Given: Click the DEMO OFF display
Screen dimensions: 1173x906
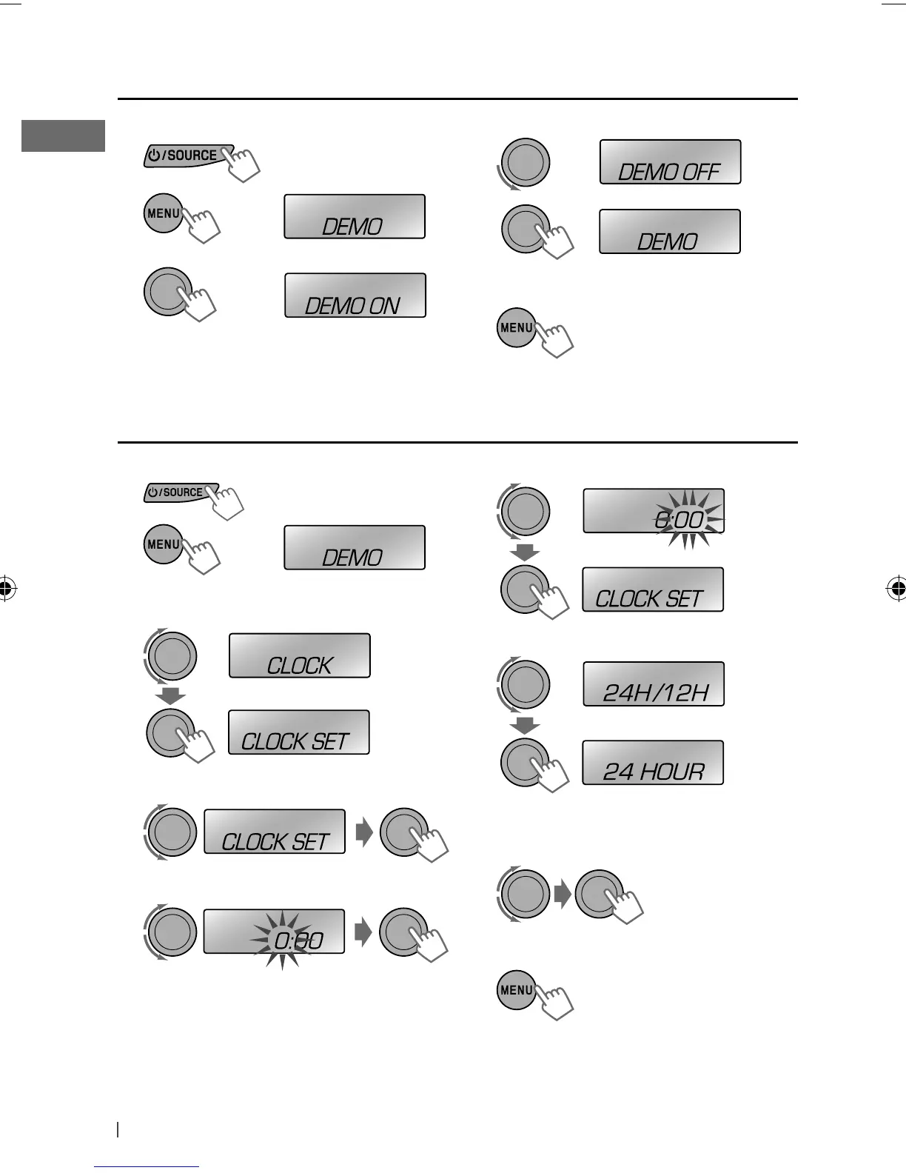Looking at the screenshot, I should click(669, 162).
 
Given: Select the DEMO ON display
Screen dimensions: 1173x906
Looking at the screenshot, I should click(355, 295).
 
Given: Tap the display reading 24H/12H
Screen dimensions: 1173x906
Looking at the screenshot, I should click(654, 684).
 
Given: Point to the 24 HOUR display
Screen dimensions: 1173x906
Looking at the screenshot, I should click(653, 763).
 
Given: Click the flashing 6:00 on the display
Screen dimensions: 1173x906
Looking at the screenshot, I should click(679, 520).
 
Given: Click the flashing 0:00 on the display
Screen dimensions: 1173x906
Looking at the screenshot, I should click(298, 940).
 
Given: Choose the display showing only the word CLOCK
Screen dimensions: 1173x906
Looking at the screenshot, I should click(299, 655).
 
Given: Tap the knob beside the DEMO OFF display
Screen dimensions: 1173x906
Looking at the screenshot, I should click(525, 162).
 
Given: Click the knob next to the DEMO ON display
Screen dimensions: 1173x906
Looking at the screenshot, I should click(168, 292).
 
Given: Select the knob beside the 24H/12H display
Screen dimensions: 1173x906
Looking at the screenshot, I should click(525, 684).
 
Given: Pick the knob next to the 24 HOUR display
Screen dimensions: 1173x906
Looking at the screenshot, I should click(525, 763).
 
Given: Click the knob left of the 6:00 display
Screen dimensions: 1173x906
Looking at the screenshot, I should click(525, 511).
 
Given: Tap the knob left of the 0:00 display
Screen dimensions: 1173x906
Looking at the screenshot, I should click(172, 931).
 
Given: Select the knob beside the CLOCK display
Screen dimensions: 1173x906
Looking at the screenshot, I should click(172, 656).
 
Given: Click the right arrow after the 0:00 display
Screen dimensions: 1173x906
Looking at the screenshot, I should click(363, 932).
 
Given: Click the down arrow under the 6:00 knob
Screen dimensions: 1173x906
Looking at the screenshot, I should click(526, 552).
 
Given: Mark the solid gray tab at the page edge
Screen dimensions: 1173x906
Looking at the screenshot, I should click(63, 136).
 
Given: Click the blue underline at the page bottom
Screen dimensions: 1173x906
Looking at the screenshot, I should click(147, 1166).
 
